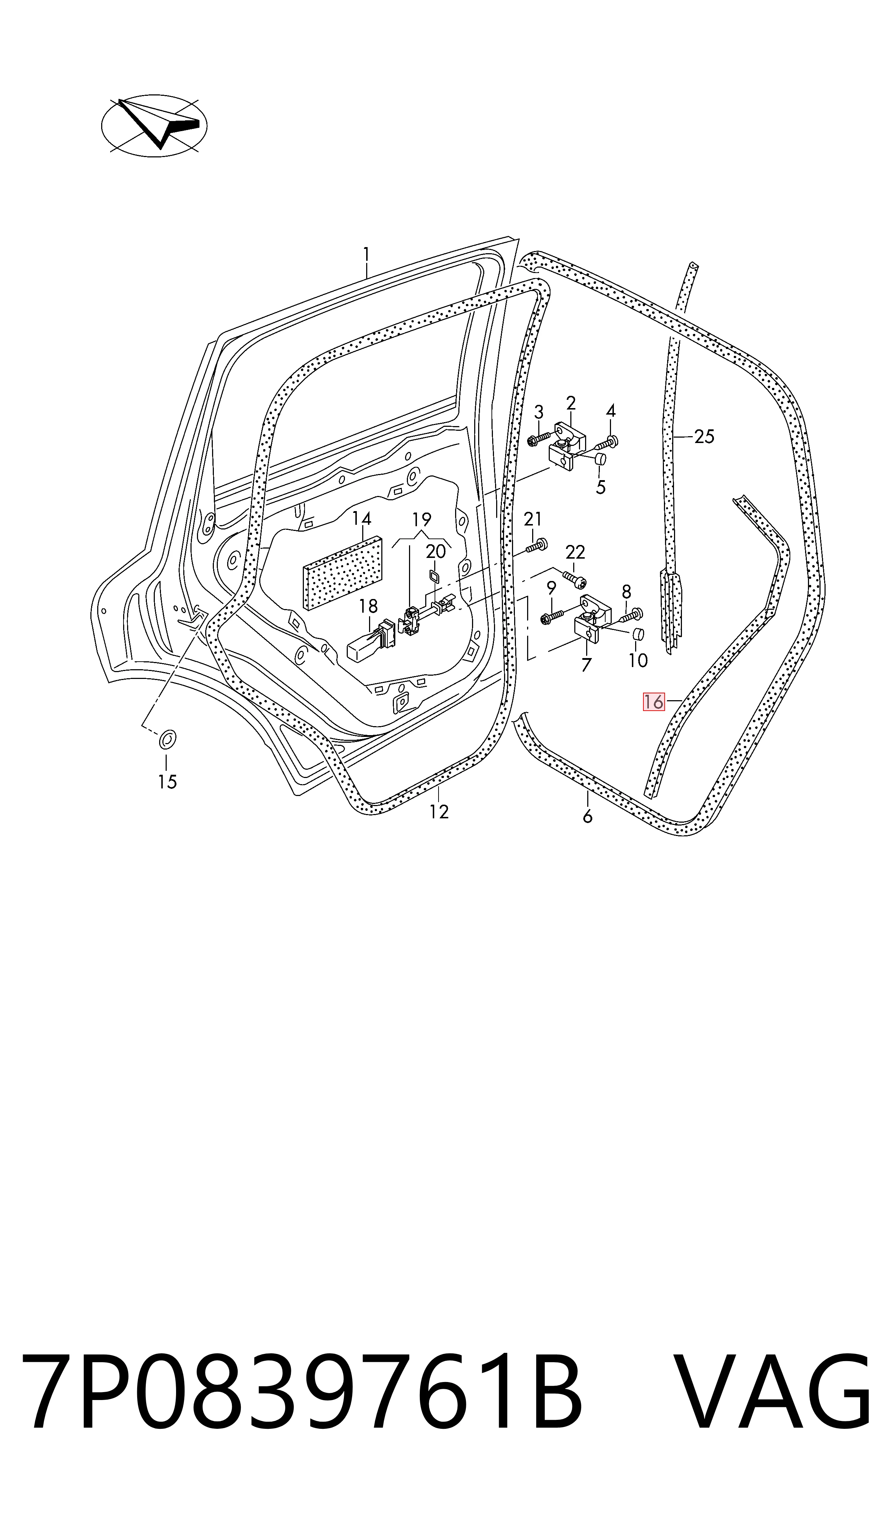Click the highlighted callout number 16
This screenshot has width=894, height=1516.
point(653,702)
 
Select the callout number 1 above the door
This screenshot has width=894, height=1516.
point(366,255)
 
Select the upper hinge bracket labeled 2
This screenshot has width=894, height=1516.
point(566,446)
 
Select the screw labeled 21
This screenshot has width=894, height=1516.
point(535,546)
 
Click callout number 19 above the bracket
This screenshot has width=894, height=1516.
point(422,519)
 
